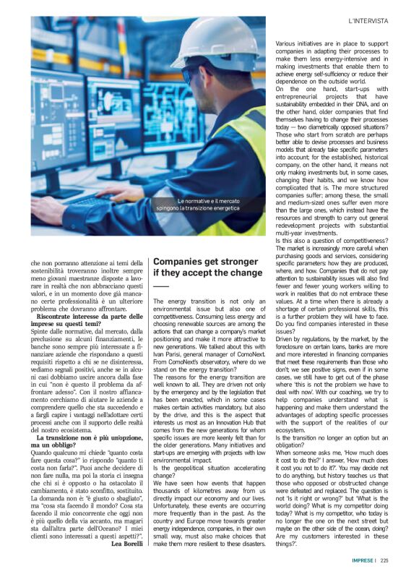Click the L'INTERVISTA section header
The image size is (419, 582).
point(369,21)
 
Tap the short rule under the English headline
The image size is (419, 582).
point(160,286)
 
